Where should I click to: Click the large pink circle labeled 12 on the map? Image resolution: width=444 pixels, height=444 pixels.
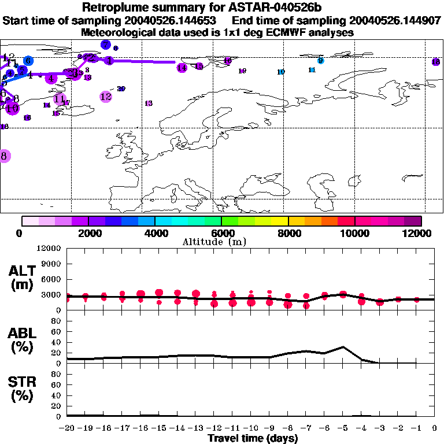[106, 97]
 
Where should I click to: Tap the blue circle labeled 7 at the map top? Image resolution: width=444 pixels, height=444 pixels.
[105, 45]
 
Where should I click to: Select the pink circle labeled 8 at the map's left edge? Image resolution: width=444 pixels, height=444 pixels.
[4, 156]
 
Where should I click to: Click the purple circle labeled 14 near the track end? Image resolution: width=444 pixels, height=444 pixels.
[182, 68]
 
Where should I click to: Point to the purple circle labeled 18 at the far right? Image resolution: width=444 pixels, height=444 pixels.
[436, 62]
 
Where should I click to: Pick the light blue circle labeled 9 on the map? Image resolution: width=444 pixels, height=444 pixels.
[321, 61]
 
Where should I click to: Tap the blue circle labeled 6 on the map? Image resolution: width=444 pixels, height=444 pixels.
[28, 61]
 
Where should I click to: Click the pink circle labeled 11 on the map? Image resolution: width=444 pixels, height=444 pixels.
[59, 99]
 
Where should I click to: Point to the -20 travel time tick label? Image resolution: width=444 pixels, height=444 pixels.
[67, 428]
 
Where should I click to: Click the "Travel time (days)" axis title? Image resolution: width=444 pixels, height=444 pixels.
[253, 439]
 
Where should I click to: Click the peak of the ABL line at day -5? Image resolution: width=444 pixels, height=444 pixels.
[343, 347]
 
